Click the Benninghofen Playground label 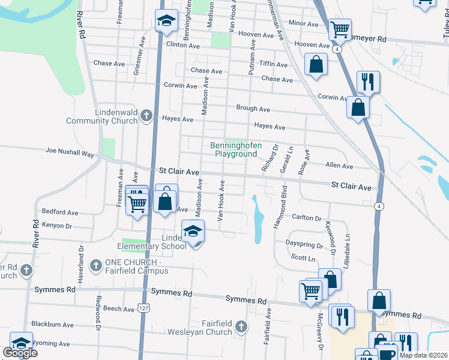tap(234, 149)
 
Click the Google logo tap(20, 352)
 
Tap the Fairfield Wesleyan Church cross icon tap(241, 326)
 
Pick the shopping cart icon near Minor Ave tap(340, 28)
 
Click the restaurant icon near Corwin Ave tap(367, 82)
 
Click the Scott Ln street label tap(303, 258)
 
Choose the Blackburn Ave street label tap(52, 324)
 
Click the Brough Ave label tap(253, 109)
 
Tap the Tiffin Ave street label tap(274, 64)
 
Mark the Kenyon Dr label tap(56, 226)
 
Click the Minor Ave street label tap(303, 24)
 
